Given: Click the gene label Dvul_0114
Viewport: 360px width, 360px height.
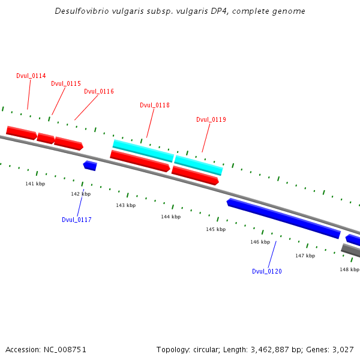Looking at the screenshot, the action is (x=31, y=76).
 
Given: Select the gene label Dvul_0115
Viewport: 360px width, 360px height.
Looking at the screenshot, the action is (x=66, y=84).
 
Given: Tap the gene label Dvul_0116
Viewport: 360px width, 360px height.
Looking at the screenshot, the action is (x=99, y=92).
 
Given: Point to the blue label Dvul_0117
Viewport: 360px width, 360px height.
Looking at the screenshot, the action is (x=77, y=220).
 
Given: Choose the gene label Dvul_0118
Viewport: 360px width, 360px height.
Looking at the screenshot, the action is (x=155, y=106).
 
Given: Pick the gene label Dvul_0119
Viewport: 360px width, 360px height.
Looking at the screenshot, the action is (x=211, y=120).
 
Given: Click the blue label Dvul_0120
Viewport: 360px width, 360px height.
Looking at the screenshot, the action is (x=267, y=271).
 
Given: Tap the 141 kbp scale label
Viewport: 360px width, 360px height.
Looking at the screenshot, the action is (x=35, y=184).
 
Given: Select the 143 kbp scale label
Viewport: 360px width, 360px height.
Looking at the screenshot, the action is (x=125, y=205).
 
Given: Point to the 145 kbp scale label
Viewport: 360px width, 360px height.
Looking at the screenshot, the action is (x=215, y=229).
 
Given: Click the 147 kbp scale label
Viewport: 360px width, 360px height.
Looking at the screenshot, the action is (x=305, y=256).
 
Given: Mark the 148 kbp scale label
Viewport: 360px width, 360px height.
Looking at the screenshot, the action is (x=349, y=269).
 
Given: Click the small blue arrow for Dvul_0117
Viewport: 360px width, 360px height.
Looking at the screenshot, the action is (x=91, y=165).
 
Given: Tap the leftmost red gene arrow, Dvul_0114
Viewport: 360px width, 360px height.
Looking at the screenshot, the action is (x=21, y=132).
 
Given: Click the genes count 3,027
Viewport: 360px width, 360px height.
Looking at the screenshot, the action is (x=343, y=349).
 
